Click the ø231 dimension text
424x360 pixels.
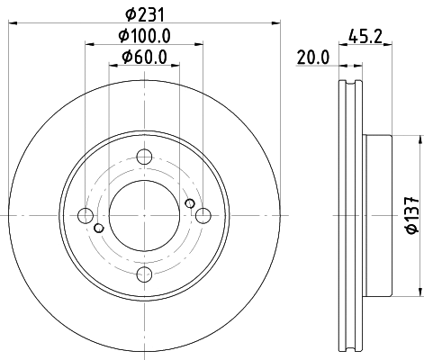pos(144,13)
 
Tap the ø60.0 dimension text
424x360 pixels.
pos(144,59)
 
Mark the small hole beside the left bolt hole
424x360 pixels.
pos(98,226)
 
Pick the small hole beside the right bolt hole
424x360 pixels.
pos(190,203)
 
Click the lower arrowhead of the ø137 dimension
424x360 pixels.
pos(419,291)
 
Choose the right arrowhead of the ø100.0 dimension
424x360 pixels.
pos(200,45)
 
